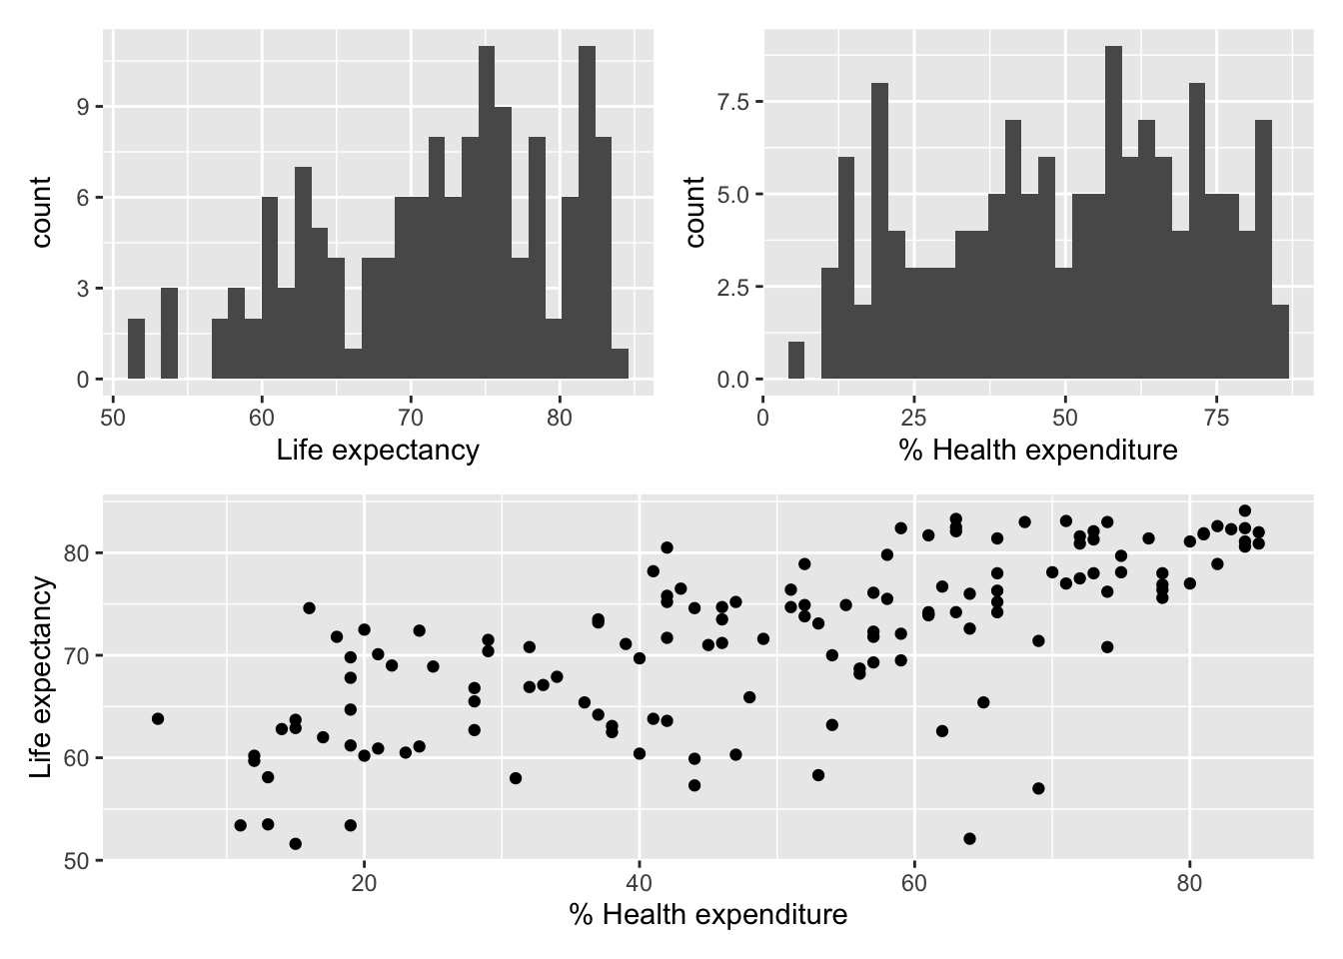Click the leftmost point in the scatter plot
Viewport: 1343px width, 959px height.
pos(158,718)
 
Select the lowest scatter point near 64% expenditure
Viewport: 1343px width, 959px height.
pos(969,838)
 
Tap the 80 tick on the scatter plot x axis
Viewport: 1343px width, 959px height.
pos(1189,883)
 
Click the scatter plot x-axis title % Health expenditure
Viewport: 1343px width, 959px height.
pos(707,914)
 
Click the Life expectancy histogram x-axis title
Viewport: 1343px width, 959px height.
pos(378,451)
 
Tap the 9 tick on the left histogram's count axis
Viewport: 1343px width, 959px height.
pos(82,107)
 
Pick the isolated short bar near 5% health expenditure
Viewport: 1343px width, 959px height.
pos(796,361)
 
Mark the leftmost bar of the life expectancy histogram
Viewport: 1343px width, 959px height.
pos(136,349)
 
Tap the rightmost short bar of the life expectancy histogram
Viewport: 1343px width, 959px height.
pos(620,364)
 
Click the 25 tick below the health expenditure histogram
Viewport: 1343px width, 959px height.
pos(914,417)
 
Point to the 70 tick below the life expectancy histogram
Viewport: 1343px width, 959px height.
pos(411,417)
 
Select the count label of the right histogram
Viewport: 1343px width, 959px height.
pos(696,212)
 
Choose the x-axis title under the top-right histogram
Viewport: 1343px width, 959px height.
pos(1038,451)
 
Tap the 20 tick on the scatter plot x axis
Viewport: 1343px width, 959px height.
pos(364,883)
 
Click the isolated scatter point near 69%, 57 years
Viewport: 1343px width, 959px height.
pos(1038,788)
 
